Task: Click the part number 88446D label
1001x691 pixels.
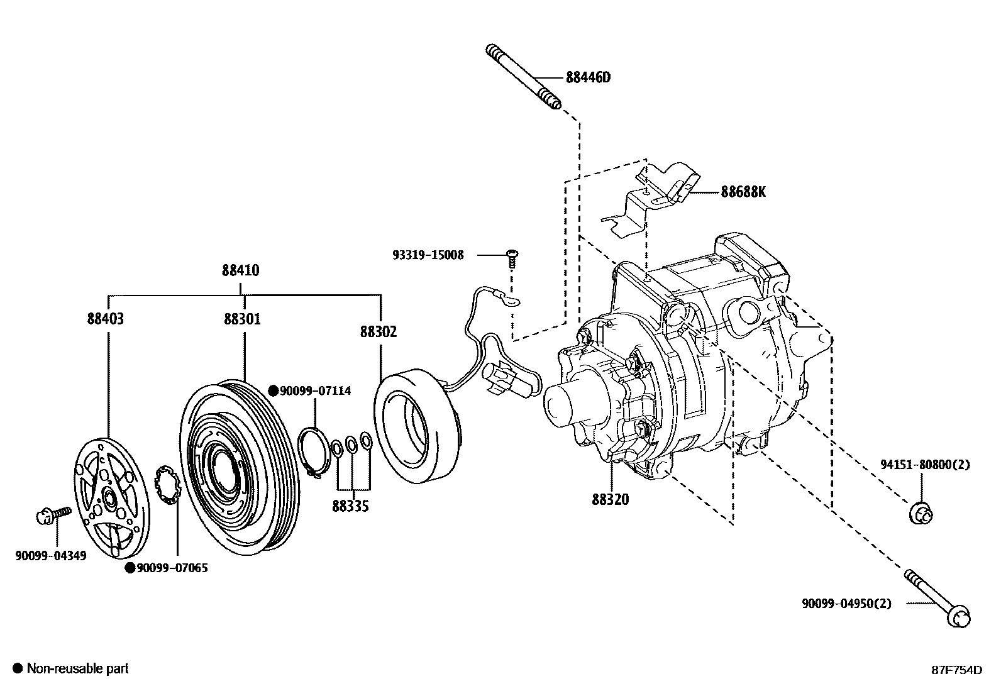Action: (x=588, y=77)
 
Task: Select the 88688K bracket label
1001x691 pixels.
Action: (x=743, y=192)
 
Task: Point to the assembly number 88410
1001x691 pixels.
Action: (x=240, y=270)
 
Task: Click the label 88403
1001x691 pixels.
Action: (x=106, y=319)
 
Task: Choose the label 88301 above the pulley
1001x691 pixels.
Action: (x=242, y=319)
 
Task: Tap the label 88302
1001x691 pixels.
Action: (x=379, y=331)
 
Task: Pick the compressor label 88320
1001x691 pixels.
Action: (x=610, y=499)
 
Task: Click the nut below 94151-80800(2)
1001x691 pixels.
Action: (x=921, y=512)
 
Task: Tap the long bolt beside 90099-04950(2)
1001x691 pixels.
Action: (x=937, y=597)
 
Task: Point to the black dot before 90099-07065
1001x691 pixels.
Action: (x=130, y=568)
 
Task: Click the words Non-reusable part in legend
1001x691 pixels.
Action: (x=77, y=668)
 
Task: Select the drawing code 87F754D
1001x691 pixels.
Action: (x=956, y=670)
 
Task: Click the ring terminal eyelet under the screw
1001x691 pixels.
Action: (x=512, y=301)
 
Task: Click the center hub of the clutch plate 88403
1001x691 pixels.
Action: (x=108, y=500)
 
